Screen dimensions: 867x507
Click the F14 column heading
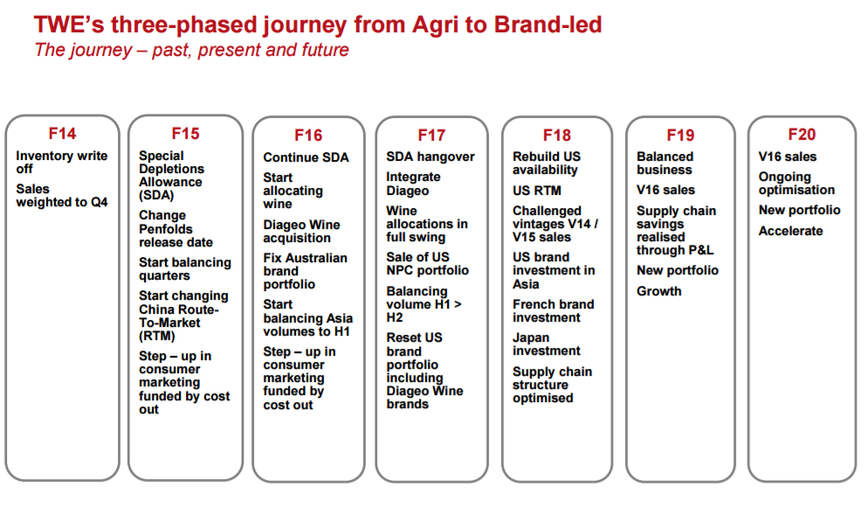pos(62,134)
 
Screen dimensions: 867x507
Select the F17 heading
pos(431,135)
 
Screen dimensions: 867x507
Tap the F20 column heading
pos(802,135)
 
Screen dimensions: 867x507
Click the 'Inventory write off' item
pos(61,163)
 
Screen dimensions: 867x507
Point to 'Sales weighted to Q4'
pos(61,196)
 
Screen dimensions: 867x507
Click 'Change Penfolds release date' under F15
pos(175,229)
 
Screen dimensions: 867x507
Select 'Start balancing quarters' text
pos(185,269)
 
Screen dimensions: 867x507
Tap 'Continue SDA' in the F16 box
pos(306,157)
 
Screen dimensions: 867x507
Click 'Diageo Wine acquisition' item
pos(301,232)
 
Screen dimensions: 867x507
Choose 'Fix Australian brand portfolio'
pos(306,271)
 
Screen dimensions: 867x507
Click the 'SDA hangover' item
pos(430,156)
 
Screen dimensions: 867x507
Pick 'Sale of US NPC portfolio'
pos(428,263)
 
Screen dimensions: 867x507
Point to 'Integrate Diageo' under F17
pos(414,184)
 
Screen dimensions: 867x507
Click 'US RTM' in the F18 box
pos(536,191)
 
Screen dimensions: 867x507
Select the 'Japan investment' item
pos(547,344)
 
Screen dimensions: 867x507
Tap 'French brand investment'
pos(553,311)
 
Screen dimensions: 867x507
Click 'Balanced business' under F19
pos(664,163)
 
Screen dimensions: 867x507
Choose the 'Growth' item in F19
pos(658,291)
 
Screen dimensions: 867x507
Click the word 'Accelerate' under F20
pos(790,231)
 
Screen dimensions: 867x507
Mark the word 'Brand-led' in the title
pos(547,24)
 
